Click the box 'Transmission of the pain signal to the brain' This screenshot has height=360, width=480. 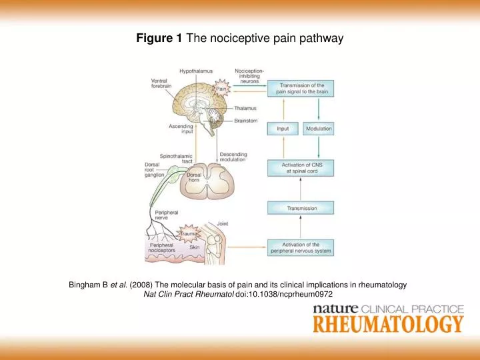[301, 89]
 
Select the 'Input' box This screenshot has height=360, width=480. [283, 128]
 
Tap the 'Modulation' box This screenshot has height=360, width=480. [319, 128]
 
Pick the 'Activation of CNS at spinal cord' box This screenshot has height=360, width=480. [301, 167]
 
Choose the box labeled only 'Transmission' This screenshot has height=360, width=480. [301, 208]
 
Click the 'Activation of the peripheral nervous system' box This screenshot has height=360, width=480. [301, 248]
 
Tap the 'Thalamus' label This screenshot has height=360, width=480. [245, 107]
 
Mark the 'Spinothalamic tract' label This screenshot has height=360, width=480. [177, 159]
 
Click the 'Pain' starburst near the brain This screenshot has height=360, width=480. [222, 88]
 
